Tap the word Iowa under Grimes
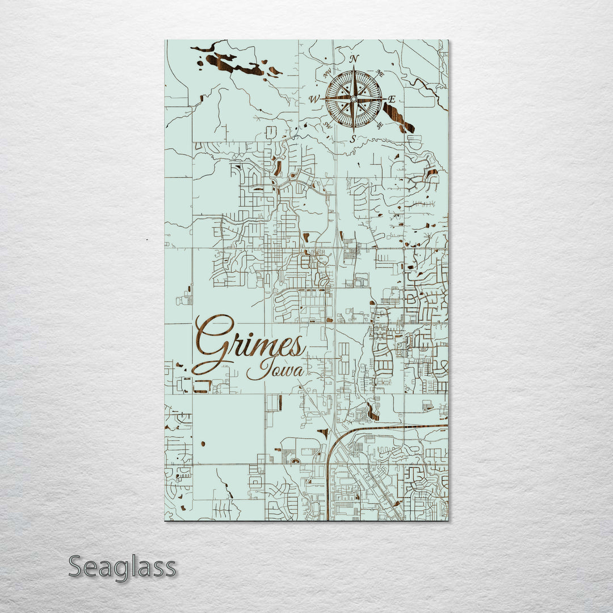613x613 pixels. click(276, 370)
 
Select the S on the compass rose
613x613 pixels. click(352, 138)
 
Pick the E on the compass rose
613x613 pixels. click(392, 99)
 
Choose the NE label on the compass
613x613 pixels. click(380, 73)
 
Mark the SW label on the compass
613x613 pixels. click(327, 125)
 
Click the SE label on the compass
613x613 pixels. click(380, 125)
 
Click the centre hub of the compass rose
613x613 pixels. click(353, 99)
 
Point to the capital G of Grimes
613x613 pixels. click(213, 344)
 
